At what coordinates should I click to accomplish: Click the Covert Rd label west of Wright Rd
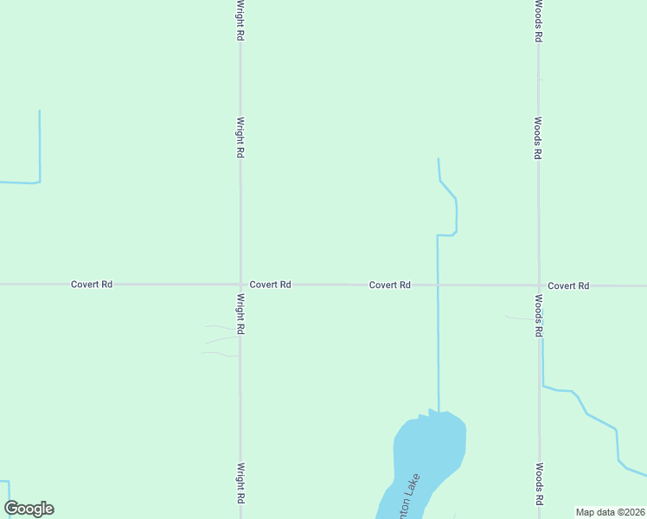click(92, 284)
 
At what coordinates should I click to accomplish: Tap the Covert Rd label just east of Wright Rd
click(270, 284)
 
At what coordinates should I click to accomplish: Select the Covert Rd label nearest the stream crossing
click(389, 285)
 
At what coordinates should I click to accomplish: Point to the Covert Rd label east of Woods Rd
click(568, 285)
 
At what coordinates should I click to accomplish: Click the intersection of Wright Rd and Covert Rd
click(240, 284)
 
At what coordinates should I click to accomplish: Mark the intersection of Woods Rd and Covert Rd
click(538, 285)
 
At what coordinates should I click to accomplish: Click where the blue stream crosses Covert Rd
click(438, 285)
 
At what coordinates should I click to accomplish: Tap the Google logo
click(29, 509)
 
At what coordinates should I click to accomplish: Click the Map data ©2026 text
click(610, 511)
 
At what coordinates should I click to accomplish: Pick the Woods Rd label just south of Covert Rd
click(538, 316)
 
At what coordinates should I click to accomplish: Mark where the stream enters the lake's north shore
click(439, 413)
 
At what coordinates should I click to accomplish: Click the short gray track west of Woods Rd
click(521, 318)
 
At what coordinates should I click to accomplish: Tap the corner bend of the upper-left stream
click(39, 181)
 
